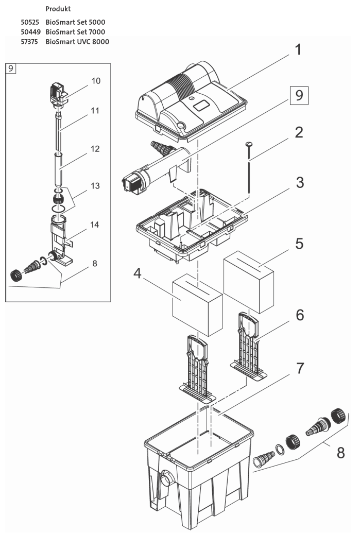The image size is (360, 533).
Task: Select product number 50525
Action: tap(29, 23)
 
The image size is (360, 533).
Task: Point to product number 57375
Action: tap(29, 41)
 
